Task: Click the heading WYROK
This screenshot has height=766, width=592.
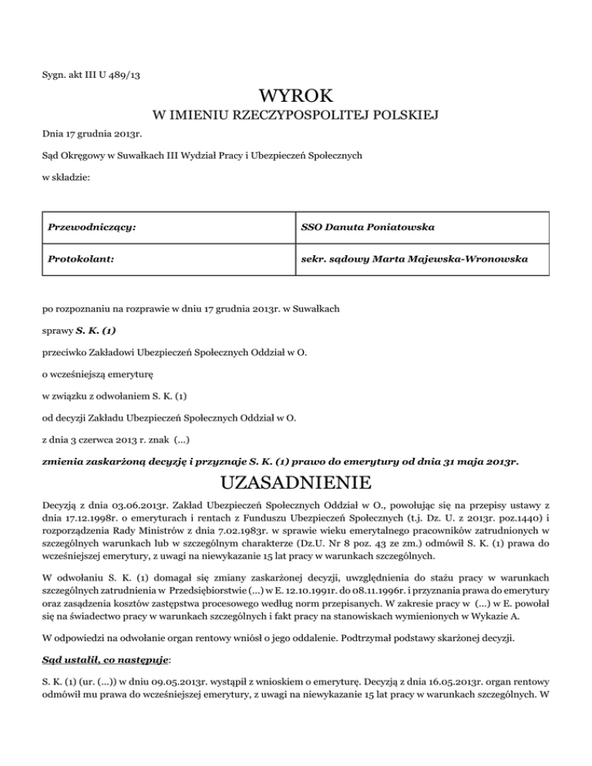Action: point(297,97)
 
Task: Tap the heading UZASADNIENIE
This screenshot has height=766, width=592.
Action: point(296,484)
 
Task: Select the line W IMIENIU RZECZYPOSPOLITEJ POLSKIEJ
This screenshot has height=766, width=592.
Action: point(297,116)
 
